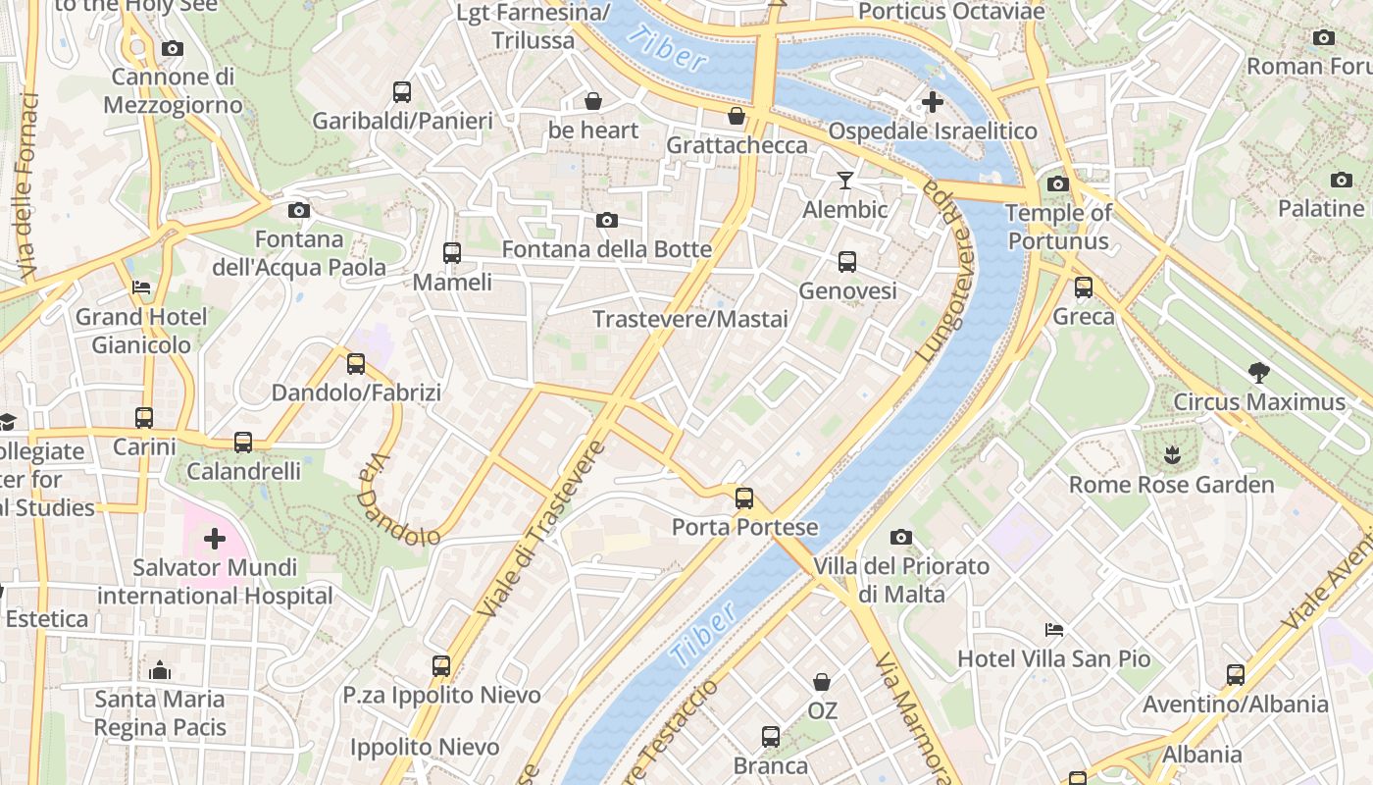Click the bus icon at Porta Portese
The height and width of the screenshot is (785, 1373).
pos(744,497)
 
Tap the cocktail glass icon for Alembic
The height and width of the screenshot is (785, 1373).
pos(844,180)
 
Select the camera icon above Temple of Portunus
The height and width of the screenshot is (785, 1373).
pos(1057,183)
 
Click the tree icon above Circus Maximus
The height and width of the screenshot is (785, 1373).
pos(1259,372)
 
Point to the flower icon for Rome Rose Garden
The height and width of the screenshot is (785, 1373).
pos(1171,454)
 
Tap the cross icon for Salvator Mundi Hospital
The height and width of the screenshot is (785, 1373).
pos(214,538)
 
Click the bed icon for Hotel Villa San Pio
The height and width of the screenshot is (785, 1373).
pos(1054,629)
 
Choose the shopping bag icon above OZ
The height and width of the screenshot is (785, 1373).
pos(822,681)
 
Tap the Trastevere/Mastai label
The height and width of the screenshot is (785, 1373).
pos(690,320)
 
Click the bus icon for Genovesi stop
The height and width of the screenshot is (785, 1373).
pos(847,262)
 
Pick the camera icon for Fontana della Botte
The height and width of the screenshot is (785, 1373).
pos(607,220)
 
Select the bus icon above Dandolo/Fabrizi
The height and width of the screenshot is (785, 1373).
pos(356,364)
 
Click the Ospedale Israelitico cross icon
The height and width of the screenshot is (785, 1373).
pos(933,101)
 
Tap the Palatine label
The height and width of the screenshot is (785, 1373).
pos(1321,208)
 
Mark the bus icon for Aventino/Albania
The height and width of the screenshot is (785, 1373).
pos(1236,675)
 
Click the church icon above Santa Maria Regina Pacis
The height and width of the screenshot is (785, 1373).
pos(160,670)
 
